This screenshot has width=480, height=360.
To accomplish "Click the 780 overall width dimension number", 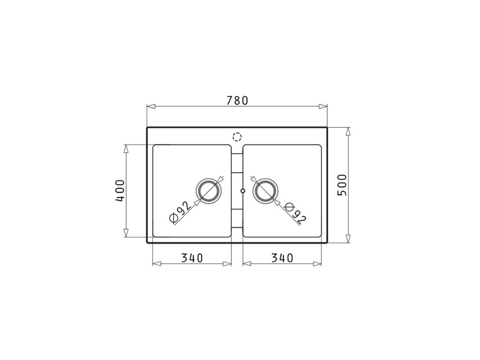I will coord(237,101).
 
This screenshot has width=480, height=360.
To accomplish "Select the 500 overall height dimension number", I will coord(342,185).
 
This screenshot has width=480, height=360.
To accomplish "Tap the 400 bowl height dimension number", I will coord(120,190).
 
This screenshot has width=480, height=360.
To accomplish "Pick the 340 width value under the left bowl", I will coord(192,258).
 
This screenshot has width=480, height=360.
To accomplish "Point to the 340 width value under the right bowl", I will coord(282,258).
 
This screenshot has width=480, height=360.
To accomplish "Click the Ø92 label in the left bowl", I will coord(179,211).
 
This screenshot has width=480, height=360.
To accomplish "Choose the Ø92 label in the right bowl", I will coord(295,212).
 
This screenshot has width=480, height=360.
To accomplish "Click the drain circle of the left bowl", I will coord(208,191).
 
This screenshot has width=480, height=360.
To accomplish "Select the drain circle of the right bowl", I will coord(265,191).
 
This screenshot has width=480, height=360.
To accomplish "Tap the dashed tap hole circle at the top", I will coord(237,136).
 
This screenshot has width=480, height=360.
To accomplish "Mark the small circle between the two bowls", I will coord(242,191).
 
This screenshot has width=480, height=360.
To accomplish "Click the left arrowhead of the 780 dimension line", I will coord(151,107).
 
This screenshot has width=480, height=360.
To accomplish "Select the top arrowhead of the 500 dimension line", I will coord(348,131).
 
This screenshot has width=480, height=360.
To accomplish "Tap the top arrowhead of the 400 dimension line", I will coord(126,148).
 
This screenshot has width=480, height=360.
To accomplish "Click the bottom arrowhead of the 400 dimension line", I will coord(126,233).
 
